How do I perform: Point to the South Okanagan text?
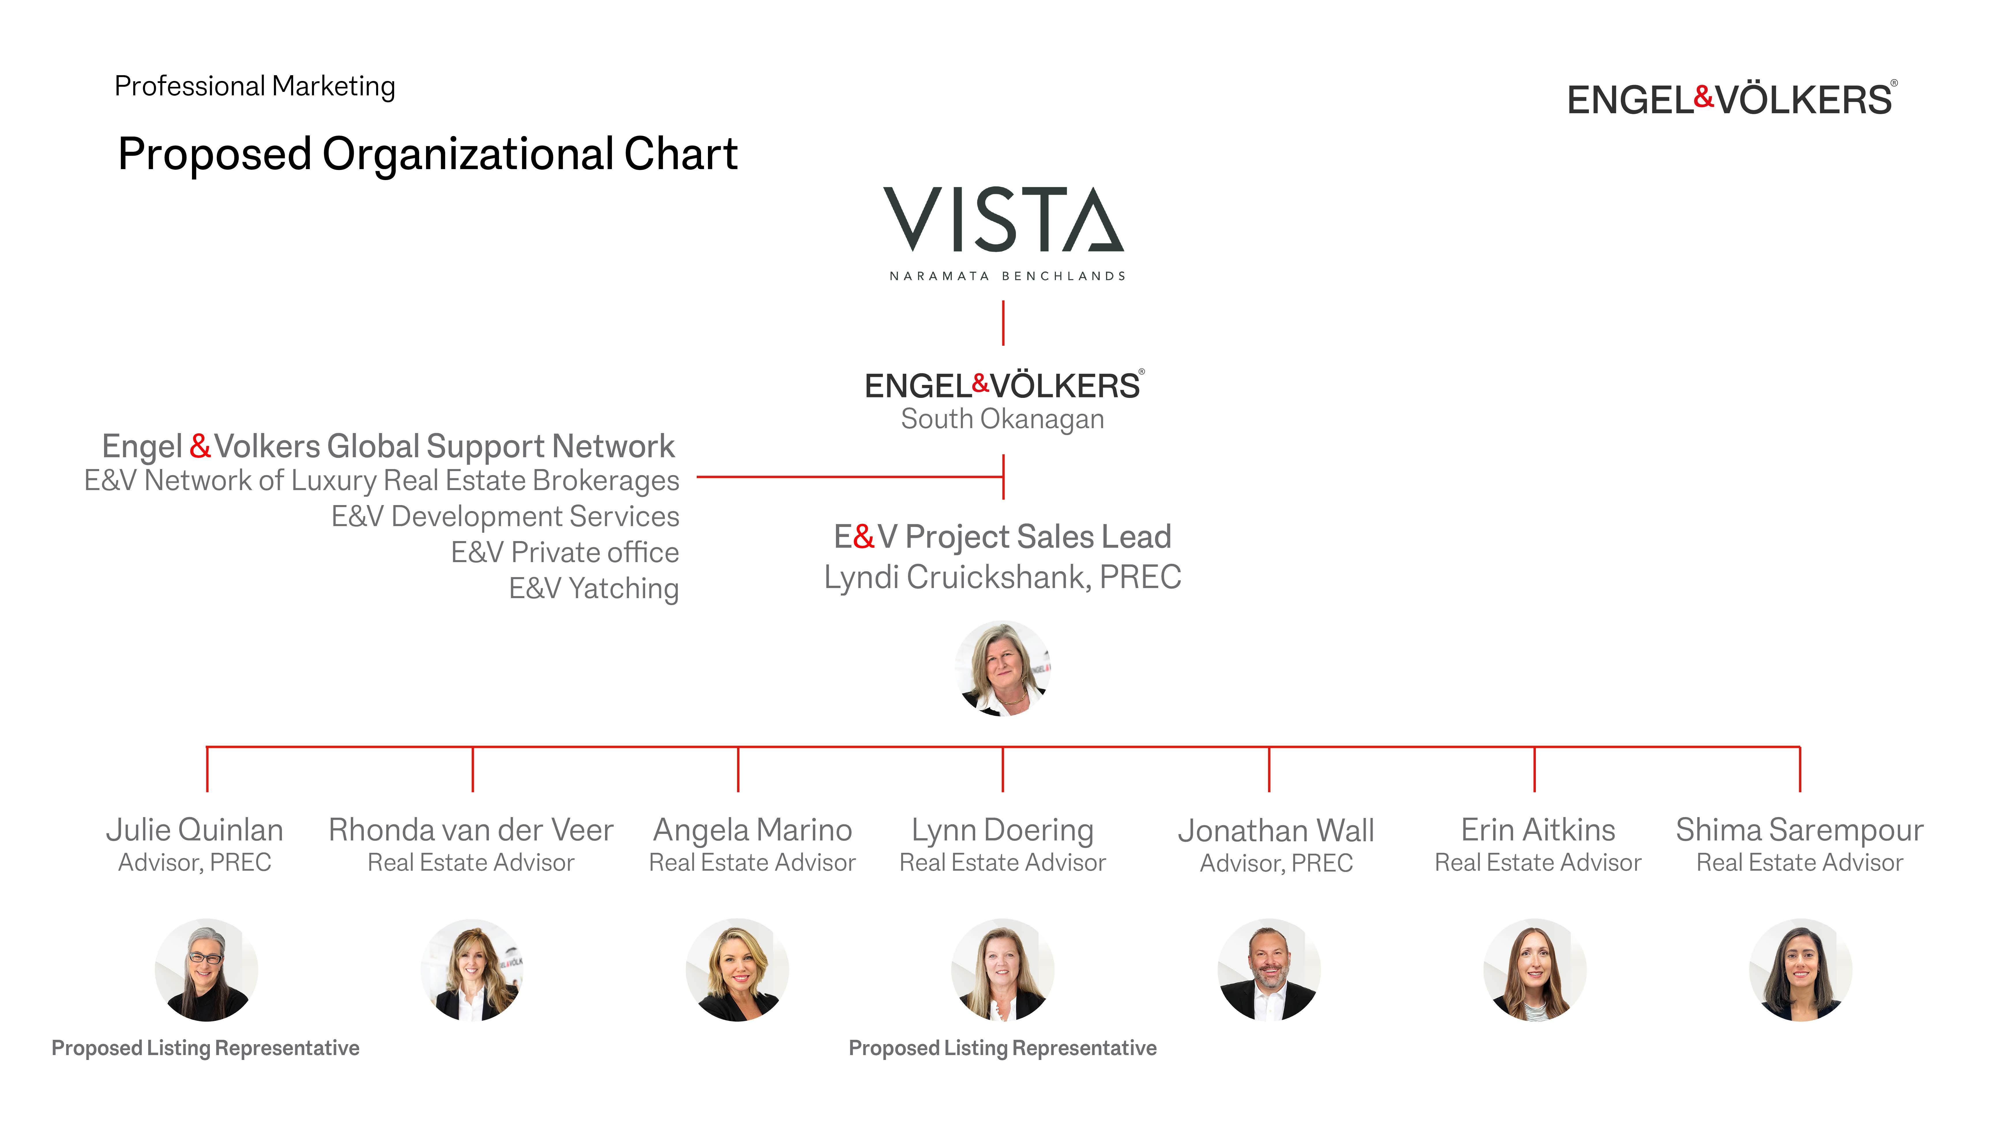1002,419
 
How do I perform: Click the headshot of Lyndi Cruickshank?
1003,668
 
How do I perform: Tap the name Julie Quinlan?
195,830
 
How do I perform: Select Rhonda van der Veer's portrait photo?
472,970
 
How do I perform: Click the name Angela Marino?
752,830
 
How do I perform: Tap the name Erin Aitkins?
1538,830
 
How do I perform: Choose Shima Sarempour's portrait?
1800,970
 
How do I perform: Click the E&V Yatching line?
594,589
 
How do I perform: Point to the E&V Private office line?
565,553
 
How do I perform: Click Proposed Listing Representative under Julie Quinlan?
206,1048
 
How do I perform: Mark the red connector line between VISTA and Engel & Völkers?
1003,323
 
